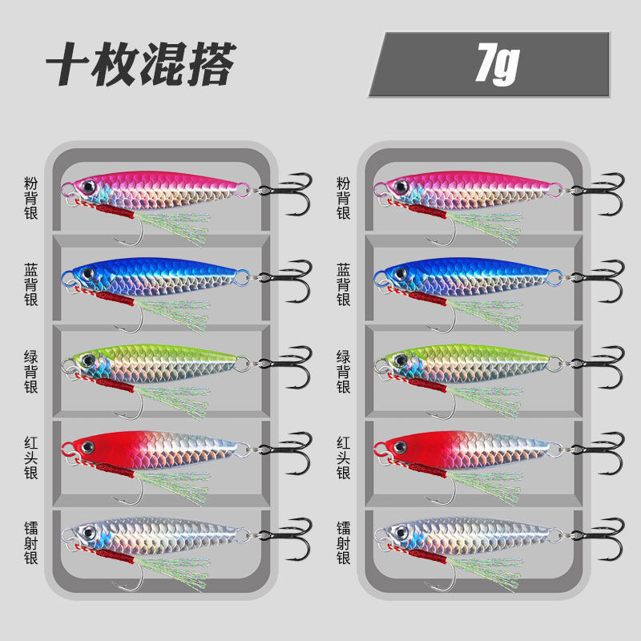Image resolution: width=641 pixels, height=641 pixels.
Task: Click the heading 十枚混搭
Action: pos(140,64)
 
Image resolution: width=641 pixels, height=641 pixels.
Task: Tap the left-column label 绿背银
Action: pos(31,371)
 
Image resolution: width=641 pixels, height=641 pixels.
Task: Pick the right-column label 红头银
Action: pos(343,458)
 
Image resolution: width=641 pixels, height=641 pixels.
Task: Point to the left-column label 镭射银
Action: pos(31,543)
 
